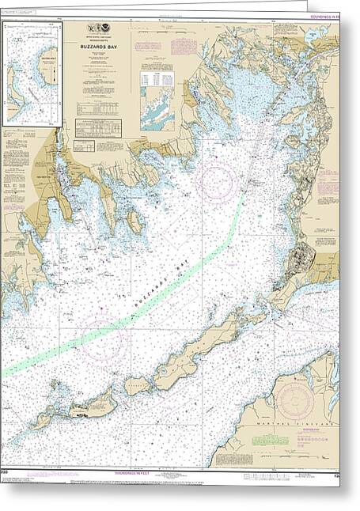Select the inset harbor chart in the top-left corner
(x=32, y=74)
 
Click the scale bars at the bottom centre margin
(x=261, y=477)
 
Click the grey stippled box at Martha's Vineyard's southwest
(x=229, y=455)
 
